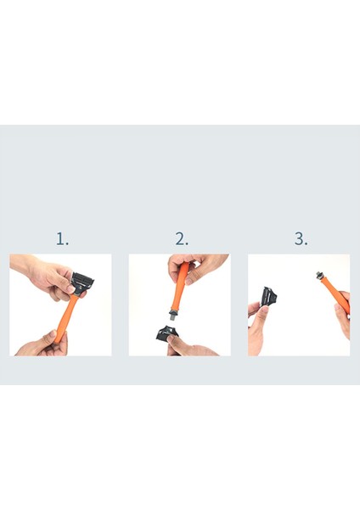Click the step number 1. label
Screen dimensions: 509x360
tap(62, 238)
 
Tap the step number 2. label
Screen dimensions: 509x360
tap(182, 238)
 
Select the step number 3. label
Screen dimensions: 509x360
tap(301, 238)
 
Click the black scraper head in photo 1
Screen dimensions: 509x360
tap(83, 282)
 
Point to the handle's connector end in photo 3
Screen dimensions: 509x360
tap(321, 275)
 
